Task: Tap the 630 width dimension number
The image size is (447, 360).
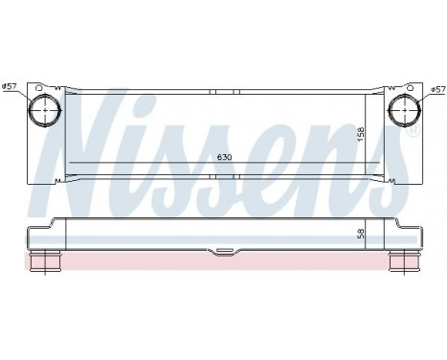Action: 224,157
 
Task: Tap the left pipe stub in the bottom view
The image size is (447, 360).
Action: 47,260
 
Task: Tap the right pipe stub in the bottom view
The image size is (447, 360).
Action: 400,260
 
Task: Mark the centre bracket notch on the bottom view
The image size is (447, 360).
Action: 223,254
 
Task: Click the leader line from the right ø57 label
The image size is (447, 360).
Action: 420,97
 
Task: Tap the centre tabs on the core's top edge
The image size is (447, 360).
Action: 223,93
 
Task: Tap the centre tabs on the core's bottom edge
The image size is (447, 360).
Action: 223,181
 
